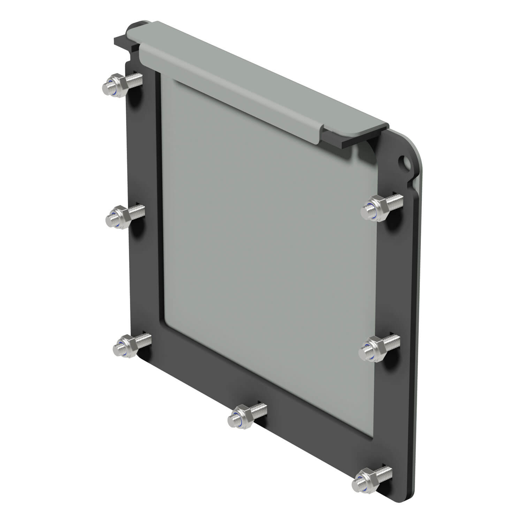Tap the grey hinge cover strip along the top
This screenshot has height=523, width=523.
[244, 80]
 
